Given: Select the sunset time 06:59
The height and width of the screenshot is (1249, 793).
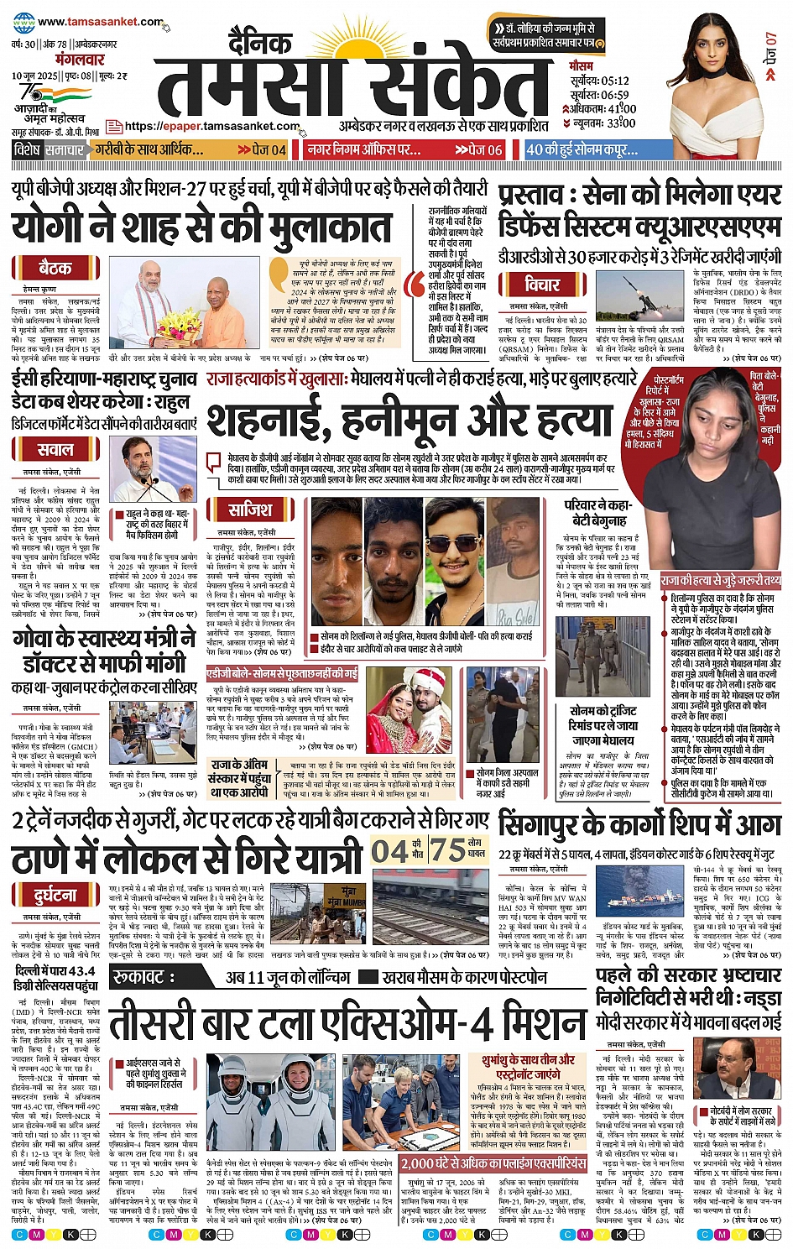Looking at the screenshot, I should click(611, 95).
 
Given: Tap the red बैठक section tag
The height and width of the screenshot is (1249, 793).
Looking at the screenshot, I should click(55, 269).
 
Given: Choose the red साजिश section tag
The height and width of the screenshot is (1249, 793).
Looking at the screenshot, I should click(250, 510).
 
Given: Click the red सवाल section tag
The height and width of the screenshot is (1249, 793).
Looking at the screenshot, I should click(55, 450).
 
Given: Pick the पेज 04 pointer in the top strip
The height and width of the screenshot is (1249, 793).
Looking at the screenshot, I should click(262, 150).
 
